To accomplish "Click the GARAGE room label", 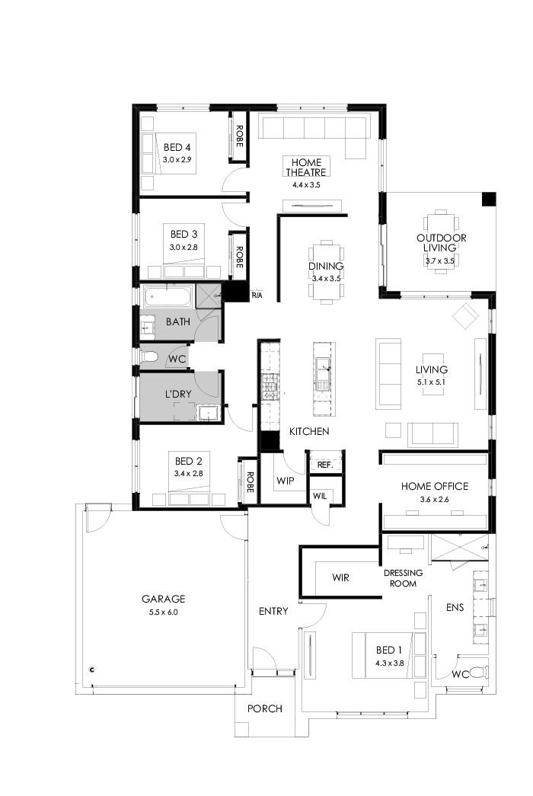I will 163,599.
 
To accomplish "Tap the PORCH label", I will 265,708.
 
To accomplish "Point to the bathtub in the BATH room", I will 166,297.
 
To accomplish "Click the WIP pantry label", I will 286,481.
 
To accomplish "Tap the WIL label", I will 320,496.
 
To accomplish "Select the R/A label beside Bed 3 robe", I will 257,295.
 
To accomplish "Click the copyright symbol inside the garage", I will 91,670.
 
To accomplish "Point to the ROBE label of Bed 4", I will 239,137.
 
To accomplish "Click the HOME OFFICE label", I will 435,486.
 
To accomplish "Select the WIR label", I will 340,577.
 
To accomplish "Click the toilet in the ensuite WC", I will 477,673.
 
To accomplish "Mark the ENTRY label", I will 273,611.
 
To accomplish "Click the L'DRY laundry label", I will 179,395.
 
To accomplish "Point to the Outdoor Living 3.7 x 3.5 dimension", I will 439,261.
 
